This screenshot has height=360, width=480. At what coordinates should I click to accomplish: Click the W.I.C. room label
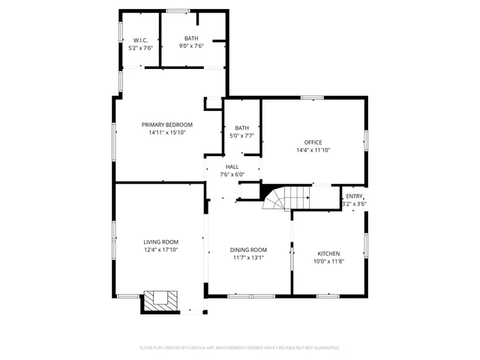click(140, 40)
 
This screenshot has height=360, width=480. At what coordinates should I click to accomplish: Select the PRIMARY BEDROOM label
click(167, 124)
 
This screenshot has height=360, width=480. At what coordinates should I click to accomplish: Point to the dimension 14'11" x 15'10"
click(167, 133)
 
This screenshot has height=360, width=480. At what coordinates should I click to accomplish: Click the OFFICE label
click(313, 142)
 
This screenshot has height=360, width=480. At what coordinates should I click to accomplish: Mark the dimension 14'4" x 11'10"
click(313, 150)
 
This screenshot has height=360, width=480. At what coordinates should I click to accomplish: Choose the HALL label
click(232, 166)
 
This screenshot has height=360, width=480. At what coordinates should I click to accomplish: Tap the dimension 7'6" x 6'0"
click(232, 175)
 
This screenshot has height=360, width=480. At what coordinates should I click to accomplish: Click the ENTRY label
click(354, 196)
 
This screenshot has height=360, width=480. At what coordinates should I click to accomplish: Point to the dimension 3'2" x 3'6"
click(354, 204)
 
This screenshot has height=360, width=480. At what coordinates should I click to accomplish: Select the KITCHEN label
click(328, 253)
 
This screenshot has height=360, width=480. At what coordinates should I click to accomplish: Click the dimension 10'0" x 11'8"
click(328, 262)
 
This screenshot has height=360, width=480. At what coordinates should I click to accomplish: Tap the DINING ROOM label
click(248, 250)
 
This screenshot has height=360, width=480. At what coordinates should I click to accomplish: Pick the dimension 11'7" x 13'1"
click(248, 258)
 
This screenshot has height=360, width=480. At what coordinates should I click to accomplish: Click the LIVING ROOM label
click(161, 241)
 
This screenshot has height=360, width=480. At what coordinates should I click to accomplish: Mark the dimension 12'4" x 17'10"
click(161, 250)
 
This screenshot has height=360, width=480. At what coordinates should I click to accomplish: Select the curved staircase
click(285, 198)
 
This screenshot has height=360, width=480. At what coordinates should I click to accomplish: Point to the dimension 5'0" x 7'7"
click(242, 136)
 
